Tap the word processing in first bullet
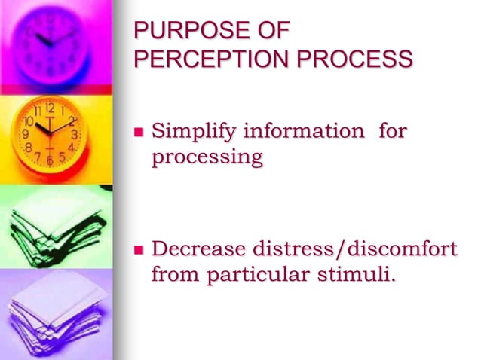(207, 158)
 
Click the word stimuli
(354, 274)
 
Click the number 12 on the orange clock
(51, 108)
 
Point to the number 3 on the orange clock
(74, 134)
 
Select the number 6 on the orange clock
(50, 160)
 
